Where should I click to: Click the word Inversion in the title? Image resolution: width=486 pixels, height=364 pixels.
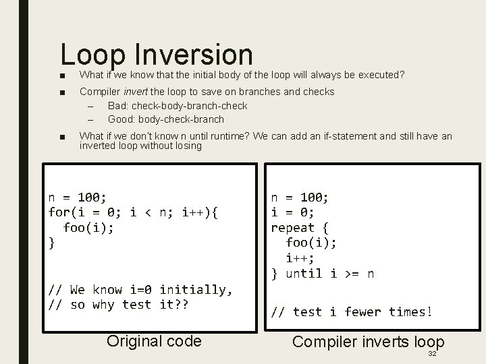tap(194, 55)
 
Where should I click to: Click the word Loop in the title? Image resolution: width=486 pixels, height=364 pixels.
tap(94, 57)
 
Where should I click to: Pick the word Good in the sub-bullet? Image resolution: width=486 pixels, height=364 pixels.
tap(122, 119)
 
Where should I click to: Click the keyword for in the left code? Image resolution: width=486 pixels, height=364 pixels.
tap(59, 212)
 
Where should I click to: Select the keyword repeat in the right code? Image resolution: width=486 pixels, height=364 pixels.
tap(293, 227)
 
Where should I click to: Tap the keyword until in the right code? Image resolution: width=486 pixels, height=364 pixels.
tap(304, 273)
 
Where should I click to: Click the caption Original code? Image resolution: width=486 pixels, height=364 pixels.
tap(154, 341)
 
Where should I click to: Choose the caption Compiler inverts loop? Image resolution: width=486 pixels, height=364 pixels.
tap(368, 342)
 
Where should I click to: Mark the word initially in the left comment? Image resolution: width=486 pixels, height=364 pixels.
tap(195, 290)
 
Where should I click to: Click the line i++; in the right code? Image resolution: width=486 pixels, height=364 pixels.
tap(300, 257)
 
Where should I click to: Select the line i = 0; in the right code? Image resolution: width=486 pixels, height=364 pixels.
tap(293, 212)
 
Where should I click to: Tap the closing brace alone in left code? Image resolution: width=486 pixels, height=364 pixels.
tap(52, 243)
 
